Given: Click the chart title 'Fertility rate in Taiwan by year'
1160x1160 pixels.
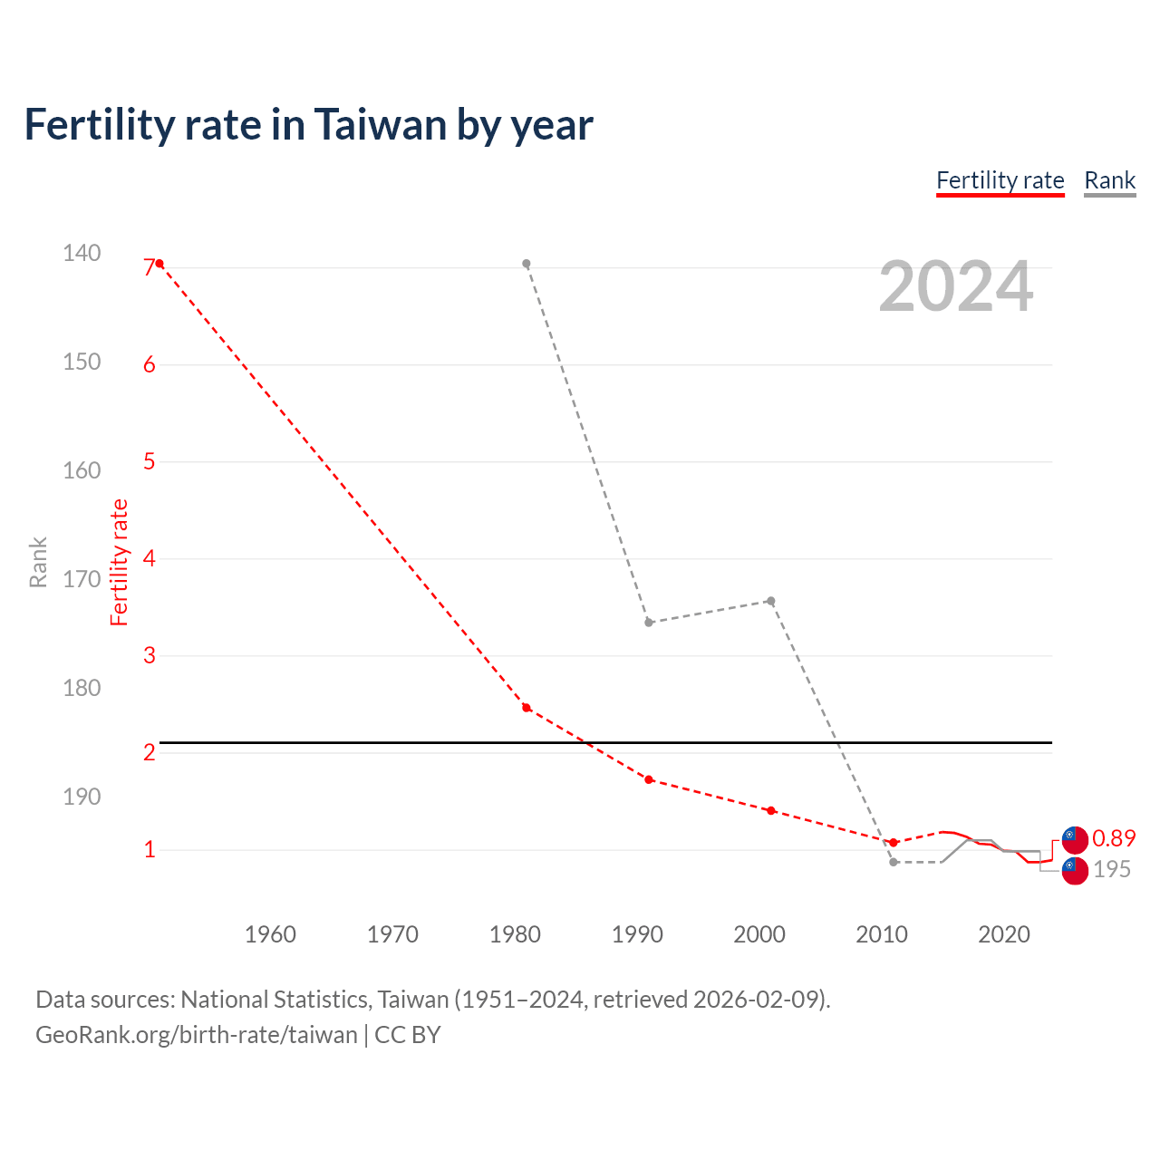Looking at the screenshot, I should (308, 125).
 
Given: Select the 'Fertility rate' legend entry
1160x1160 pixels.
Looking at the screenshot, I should (1000, 180).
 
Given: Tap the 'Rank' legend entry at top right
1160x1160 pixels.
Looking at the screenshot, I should (1109, 180).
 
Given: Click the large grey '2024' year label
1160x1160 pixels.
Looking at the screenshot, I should (955, 286).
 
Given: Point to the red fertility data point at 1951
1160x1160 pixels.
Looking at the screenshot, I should (159, 264).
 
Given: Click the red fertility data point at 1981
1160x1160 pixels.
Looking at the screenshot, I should (527, 708).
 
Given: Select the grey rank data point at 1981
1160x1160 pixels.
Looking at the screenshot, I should (527, 264).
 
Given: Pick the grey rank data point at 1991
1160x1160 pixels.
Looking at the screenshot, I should (649, 623).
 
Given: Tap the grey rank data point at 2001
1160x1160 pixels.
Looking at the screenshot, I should (771, 601).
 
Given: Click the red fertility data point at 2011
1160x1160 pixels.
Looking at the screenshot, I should (894, 843).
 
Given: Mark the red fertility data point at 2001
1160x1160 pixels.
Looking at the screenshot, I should (771, 810).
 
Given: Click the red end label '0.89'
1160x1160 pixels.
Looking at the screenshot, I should (1114, 838).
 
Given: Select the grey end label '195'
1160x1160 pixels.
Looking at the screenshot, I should (1112, 869).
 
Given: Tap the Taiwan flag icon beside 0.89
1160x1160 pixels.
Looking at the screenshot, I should (1075, 839).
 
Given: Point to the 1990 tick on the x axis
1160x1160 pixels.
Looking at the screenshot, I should (637, 934).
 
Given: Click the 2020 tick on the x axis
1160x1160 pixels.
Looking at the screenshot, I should (1004, 934).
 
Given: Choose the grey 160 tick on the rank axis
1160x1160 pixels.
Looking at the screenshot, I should (82, 470).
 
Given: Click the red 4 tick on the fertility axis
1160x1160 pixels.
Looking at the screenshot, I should (150, 558).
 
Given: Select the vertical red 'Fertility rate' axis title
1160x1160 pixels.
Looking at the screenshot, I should (119, 562).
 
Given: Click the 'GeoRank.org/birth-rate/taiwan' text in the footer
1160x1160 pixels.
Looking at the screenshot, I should (197, 1035).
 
